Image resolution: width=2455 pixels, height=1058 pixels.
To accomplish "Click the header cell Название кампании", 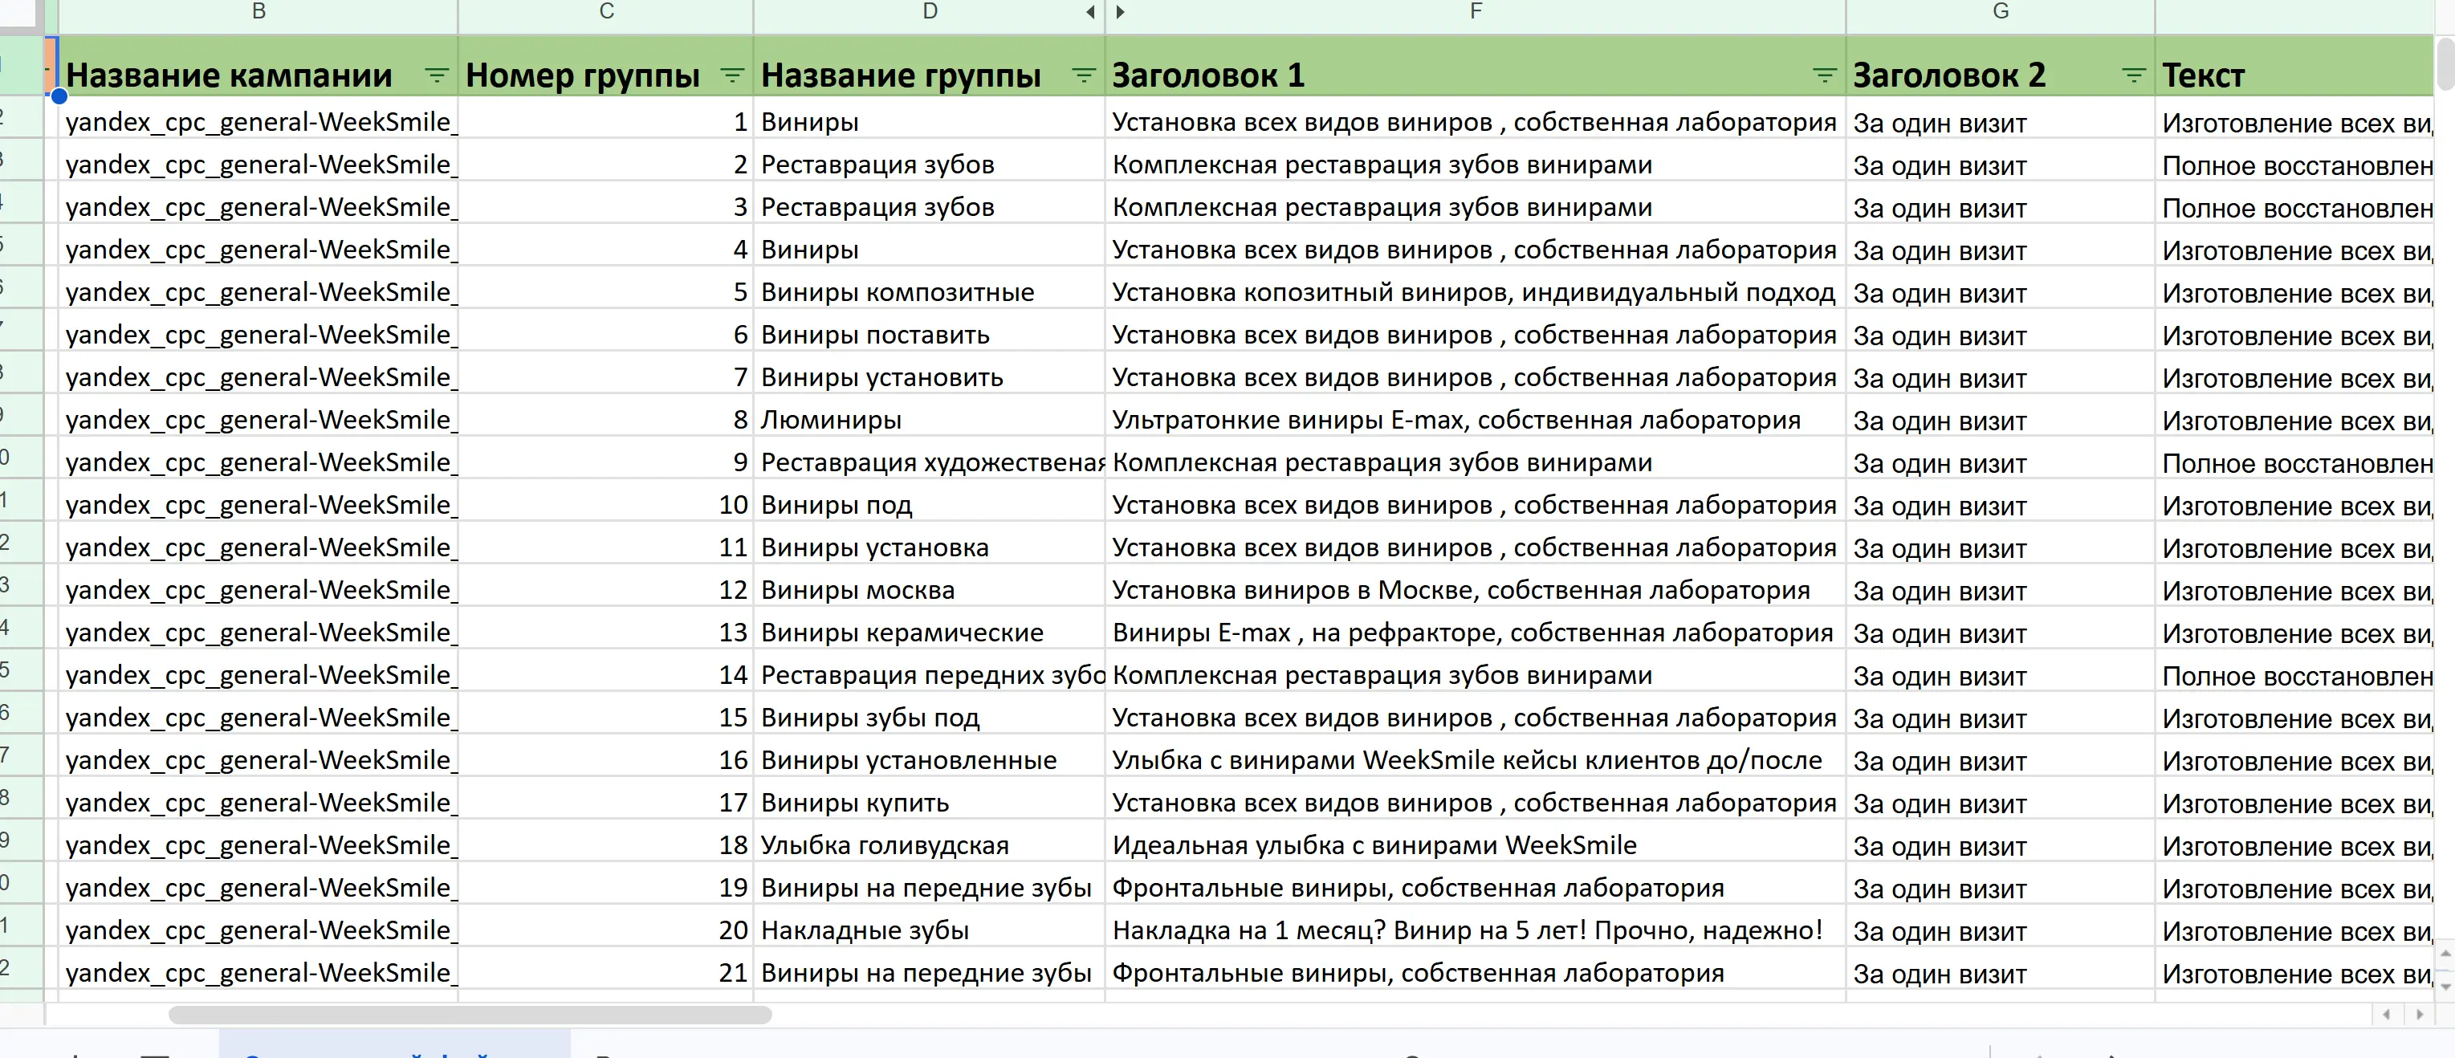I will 229,75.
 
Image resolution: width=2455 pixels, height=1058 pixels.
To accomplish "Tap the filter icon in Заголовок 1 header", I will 1823,75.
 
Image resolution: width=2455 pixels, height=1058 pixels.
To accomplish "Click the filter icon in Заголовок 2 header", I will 2133,75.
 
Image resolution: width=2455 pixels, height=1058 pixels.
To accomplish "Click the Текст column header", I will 2202,75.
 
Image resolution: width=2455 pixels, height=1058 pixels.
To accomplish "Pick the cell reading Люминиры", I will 831,421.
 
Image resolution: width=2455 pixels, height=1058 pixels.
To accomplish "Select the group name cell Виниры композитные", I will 897,293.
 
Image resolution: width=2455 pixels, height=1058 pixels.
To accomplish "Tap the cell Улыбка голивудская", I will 885,845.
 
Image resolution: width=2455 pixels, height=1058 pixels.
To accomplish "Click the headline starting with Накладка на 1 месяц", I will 1467,930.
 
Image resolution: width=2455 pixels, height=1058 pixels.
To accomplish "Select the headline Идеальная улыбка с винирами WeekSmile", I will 1374,845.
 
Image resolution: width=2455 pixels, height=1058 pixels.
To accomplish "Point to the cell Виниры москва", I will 857,590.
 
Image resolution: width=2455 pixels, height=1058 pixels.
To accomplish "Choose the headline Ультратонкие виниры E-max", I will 1455,421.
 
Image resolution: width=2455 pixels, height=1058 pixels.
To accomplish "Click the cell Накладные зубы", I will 865,930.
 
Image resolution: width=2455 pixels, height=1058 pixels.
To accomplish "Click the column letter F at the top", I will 1476,11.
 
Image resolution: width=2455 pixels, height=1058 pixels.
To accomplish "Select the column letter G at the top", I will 2001,11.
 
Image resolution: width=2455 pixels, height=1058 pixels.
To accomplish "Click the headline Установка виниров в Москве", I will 1460,590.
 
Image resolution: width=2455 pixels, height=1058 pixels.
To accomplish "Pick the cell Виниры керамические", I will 902,633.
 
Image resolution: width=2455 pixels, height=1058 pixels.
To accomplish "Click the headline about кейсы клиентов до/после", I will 1466,761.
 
